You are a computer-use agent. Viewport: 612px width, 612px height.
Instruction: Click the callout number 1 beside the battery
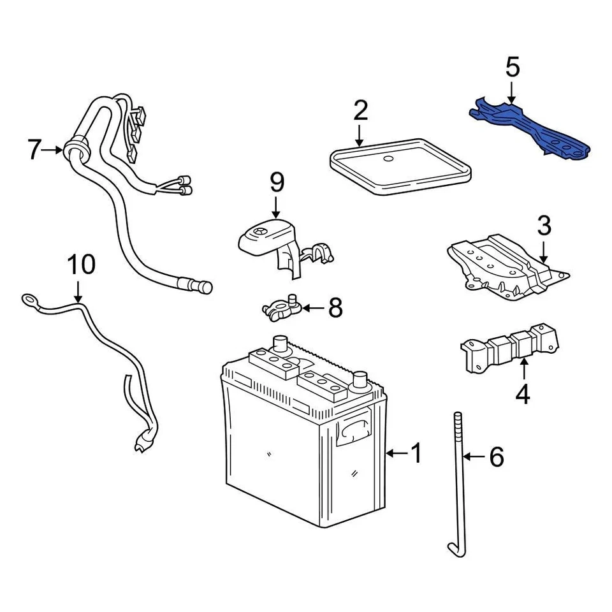pos(416,454)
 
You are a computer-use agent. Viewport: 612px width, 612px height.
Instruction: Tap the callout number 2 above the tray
pos(360,110)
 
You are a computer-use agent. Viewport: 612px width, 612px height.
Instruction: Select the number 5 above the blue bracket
pos(513,67)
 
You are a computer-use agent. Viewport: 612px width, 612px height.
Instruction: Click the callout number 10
pos(81,264)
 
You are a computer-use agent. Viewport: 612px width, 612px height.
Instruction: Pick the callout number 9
pos(276,183)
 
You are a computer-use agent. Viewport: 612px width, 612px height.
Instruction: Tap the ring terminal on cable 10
pos(29,298)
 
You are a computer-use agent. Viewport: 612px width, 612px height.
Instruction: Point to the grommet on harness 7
pos(75,151)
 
